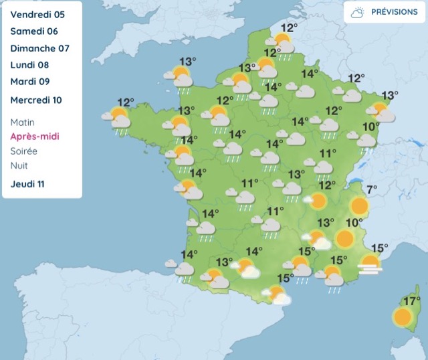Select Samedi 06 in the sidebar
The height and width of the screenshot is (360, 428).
point(34,31)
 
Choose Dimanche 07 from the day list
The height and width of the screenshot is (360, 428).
point(39,49)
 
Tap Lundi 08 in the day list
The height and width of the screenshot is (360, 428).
point(29,66)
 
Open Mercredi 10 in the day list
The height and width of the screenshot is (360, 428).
point(36,100)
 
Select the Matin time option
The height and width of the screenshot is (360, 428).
point(23,122)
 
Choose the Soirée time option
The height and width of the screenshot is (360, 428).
point(24,151)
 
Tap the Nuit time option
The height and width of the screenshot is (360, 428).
point(19,165)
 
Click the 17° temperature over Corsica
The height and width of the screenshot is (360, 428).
point(411,300)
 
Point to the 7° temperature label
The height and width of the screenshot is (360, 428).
point(371,189)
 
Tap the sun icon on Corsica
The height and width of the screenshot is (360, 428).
point(403,317)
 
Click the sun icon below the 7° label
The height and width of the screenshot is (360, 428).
point(359,205)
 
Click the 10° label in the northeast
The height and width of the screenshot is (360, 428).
point(371,126)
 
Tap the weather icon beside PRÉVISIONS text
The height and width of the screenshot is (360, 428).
point(357,12)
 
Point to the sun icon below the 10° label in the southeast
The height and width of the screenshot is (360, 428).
point(344,238)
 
